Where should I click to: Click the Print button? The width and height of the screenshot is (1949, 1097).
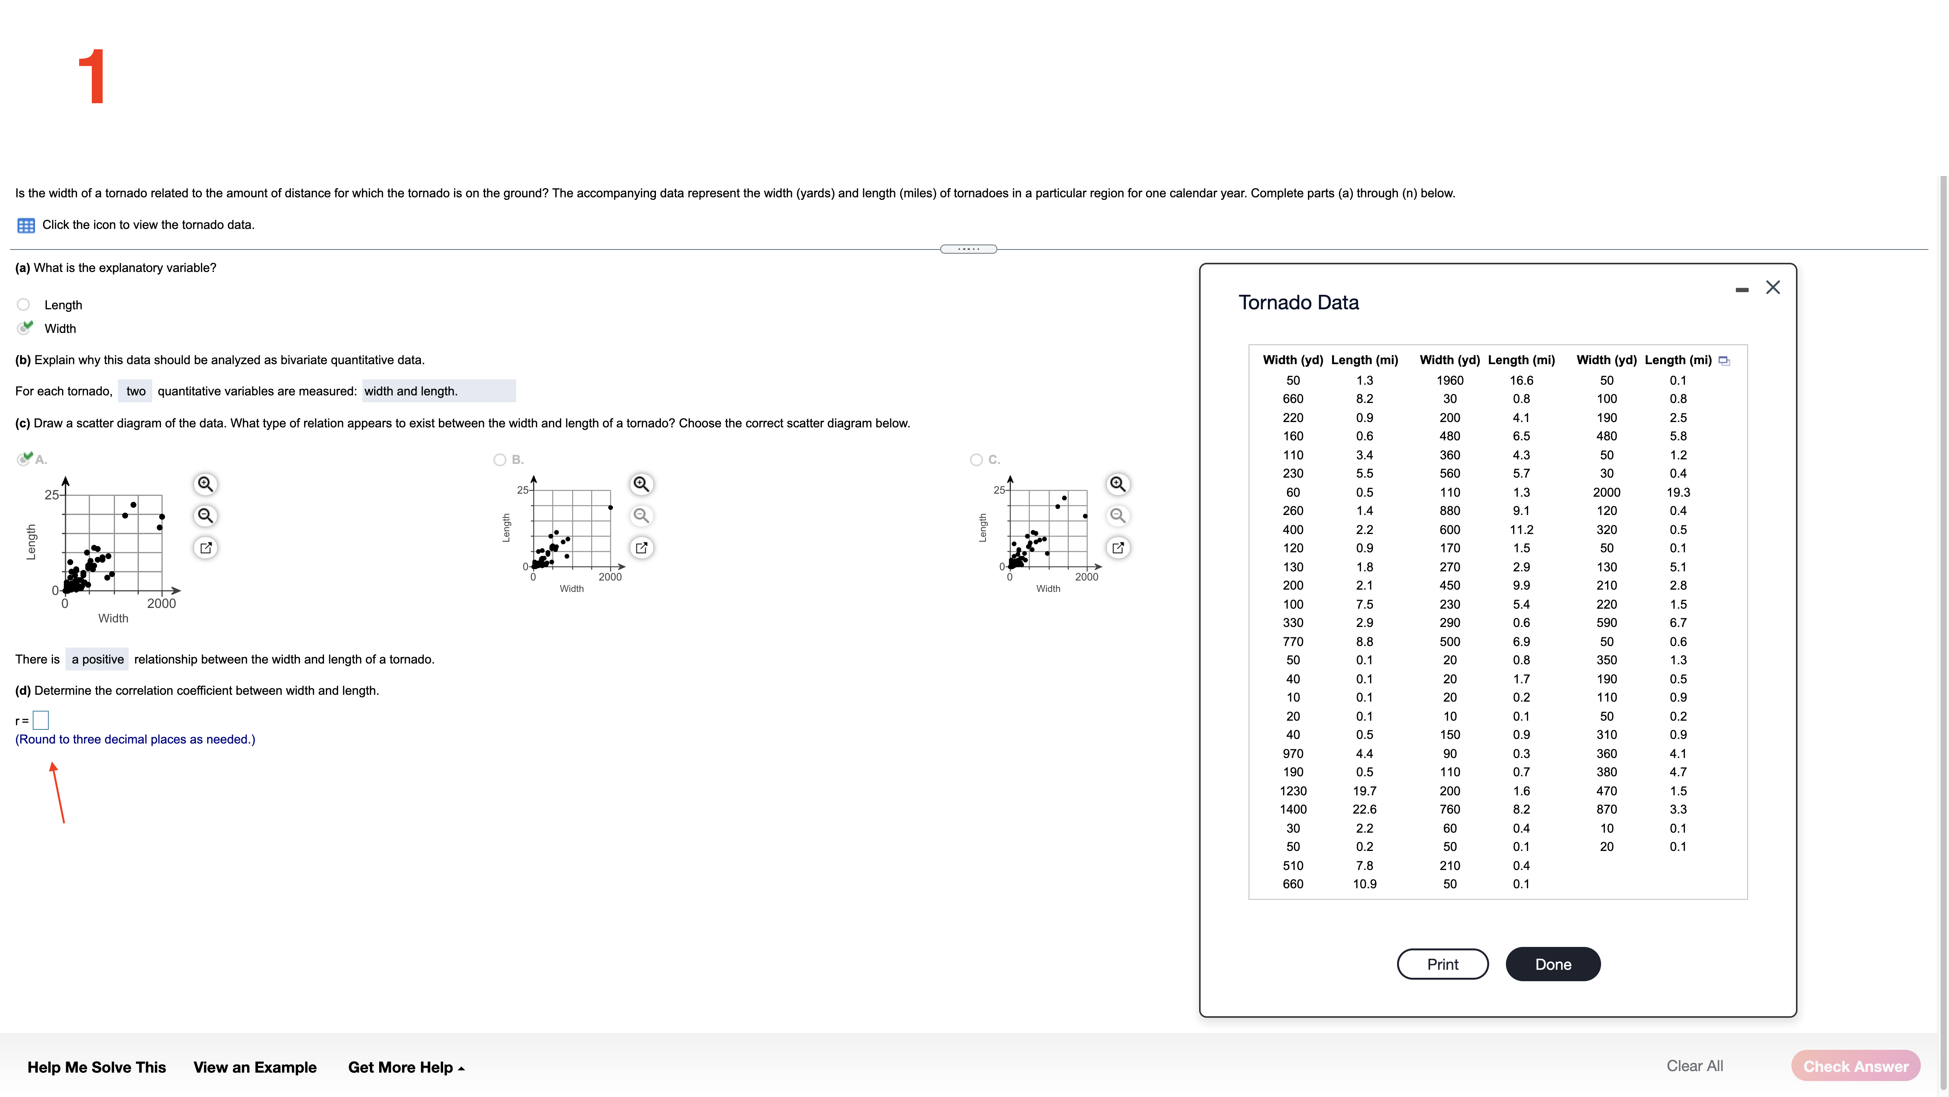(x=1442, y=964)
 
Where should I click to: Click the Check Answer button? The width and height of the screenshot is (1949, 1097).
(x=1855, y=1066)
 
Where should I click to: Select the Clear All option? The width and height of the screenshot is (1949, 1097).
(x=1694, y=1066)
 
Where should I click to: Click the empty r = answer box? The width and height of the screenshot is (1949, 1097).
(x=41, y=720)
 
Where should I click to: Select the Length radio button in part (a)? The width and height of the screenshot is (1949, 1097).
(x=24, y=304)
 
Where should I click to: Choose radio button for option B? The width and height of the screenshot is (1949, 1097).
(x=499, y=459)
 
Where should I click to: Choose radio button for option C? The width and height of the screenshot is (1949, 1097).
(x=976, y=459)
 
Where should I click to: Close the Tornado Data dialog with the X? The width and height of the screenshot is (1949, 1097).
(x=1773, y=287)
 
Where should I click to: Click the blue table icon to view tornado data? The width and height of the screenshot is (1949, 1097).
(x=26, y=225)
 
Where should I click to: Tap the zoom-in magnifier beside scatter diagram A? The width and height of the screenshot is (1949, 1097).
(x=205, y=484)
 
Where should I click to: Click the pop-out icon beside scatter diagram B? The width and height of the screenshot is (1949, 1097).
(x=641, y=547)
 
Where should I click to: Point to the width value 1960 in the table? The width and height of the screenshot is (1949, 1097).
(x=1449, y=380)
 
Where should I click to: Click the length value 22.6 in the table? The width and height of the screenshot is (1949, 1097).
(x=1364, y=809)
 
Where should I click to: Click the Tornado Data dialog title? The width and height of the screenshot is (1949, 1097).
(x=1298, y=302)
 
